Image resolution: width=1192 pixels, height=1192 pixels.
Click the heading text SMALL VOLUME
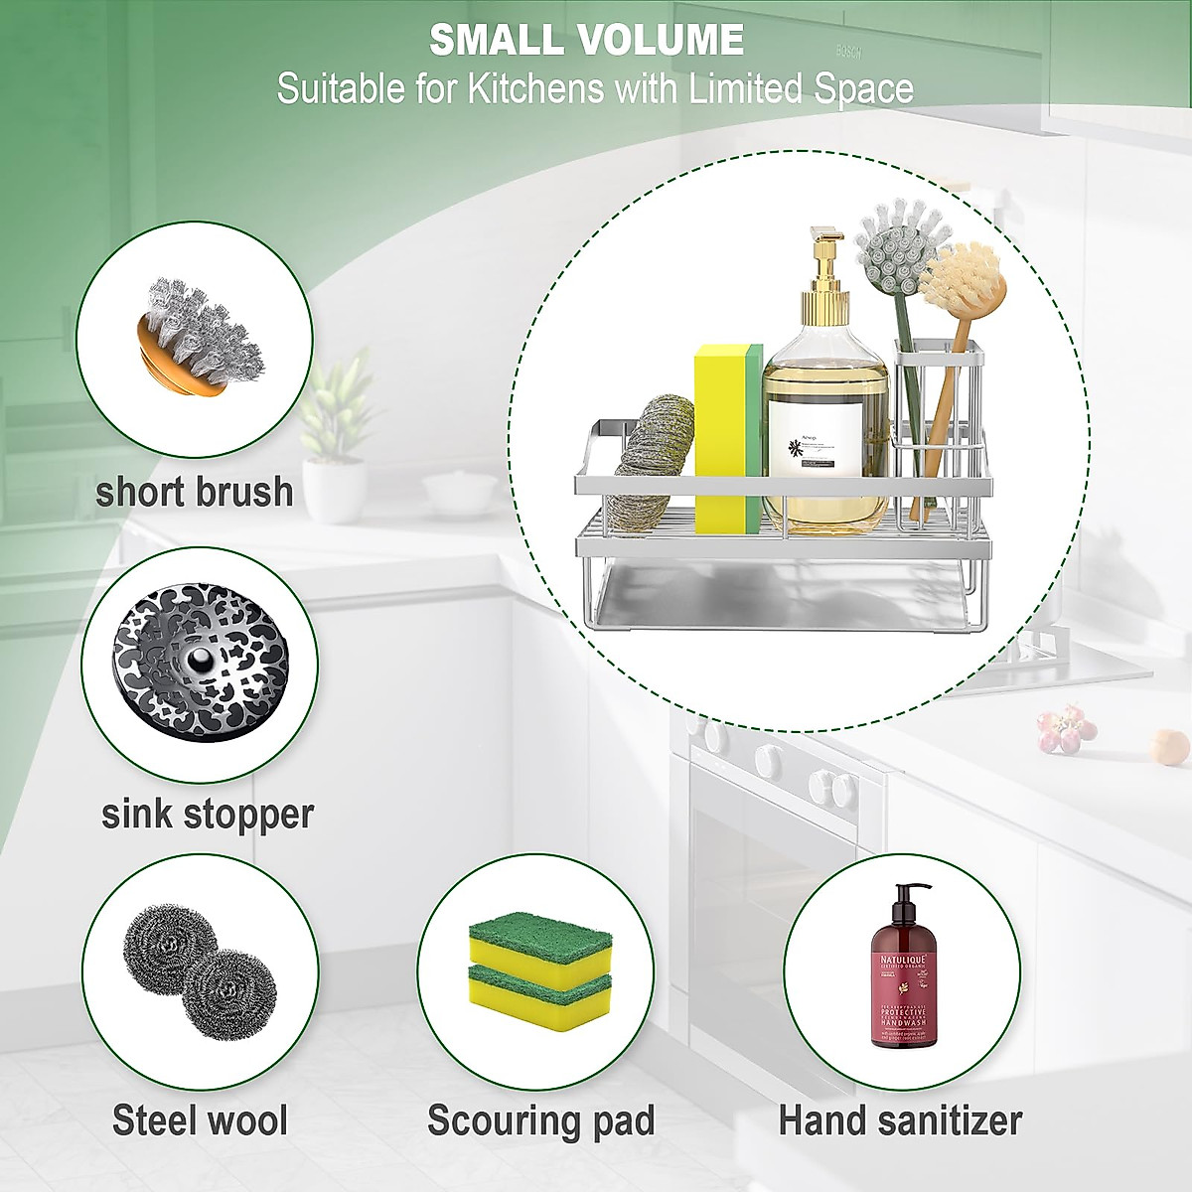[x=586, y=40]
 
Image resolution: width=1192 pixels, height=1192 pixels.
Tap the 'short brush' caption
[x=195, y=492]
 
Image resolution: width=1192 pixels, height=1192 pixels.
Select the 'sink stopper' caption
[x=208, y=814]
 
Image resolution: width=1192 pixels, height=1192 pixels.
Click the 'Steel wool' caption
[x=200, y=1119]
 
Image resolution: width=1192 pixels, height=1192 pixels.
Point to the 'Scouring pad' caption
[x=541, y=1119]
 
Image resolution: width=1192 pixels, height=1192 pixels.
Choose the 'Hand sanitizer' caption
[x=900, y=1119]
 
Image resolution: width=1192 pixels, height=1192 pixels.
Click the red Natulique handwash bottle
[x=903, y=993]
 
